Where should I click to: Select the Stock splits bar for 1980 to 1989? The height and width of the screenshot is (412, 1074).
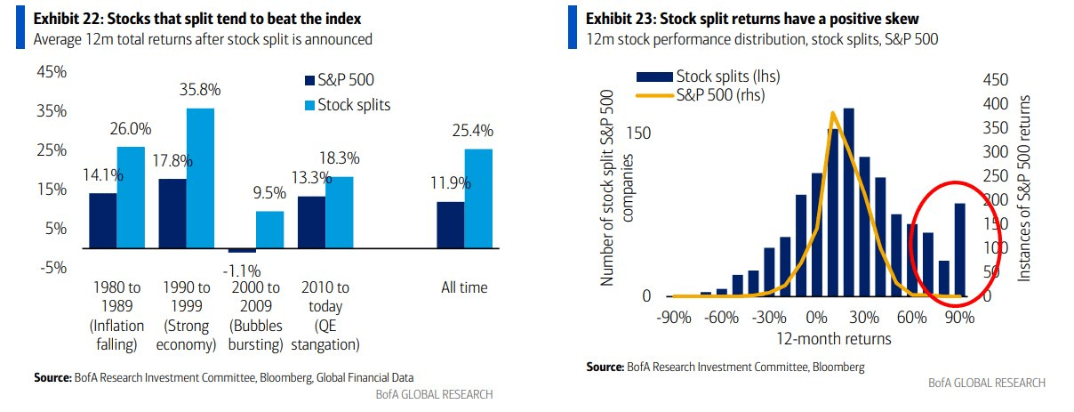click(131, 198)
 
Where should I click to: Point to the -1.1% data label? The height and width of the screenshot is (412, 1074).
click(241, 270)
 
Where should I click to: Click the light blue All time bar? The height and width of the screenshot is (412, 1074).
click(478, 200)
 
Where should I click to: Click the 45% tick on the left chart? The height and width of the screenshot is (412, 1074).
click(51, 72)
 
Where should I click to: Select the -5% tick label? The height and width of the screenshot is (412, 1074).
click(52, 268)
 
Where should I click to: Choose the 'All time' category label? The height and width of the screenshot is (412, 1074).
click(464, 288)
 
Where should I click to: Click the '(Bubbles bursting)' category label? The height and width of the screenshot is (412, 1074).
click(255, 335)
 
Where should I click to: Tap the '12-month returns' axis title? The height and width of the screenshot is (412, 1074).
click(821, 339)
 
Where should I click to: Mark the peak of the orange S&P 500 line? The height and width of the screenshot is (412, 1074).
click(832, 113)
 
